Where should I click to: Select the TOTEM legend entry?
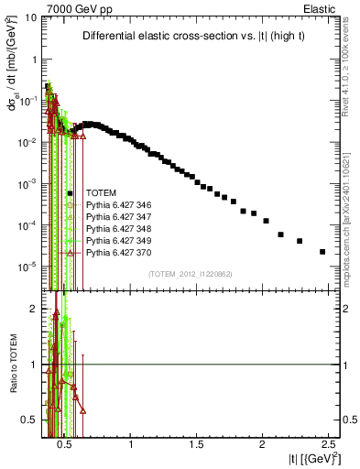pos(102,193)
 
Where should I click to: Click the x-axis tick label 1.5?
pos(197,443)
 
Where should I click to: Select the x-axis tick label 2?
pos(263,443)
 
